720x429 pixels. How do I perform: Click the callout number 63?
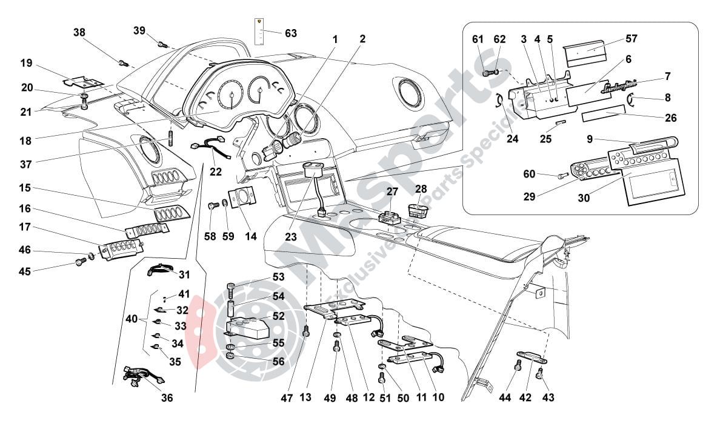pyautogui.click(x=291, y=33)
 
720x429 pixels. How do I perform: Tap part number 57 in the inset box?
pyautogui.click(x=632, y=39)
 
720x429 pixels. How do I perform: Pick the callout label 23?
pyautogui.click(x=291, y=238)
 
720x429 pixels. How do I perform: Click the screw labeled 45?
pyautogui.click(x=79, y=262)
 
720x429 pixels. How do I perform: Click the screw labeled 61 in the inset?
pyautogui.click(x=487, y=73)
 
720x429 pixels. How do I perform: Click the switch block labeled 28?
pyautogui.click(x=419, y=211)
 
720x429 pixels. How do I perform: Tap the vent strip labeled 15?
pyautogui.click(x=170, y=215)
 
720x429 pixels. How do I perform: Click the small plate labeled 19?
pyautogui.click(x=84, y=82)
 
